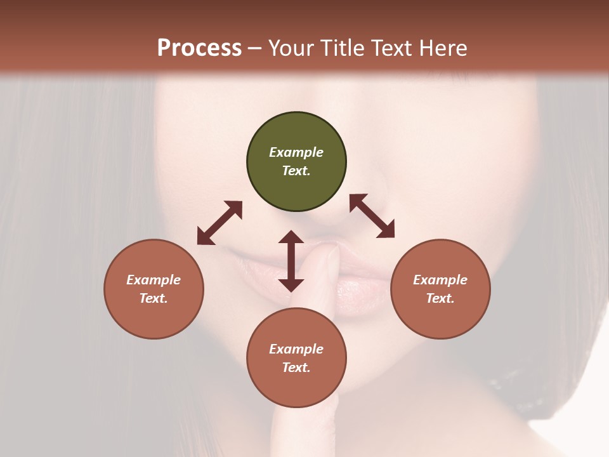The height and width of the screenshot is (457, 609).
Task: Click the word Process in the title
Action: pos(199,48)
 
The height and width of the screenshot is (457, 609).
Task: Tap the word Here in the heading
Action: pos(443,48)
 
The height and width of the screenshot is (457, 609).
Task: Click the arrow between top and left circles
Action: pos(219,223)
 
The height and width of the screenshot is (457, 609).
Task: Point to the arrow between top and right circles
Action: pos(372,216)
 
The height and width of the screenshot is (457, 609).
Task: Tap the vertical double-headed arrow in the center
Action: pos(291,261)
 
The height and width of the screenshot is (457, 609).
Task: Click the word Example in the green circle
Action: pos(296,152)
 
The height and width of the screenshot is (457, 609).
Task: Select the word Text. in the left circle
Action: pos(154,298)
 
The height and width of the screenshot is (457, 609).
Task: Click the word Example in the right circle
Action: pos(440,280)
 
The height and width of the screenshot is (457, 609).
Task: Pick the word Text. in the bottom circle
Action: pos(296,368)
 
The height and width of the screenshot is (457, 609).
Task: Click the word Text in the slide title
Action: pos(393,48)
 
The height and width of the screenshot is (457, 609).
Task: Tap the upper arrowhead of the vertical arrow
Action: pos(291,237)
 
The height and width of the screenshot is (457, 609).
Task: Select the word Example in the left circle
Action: pos(154,280)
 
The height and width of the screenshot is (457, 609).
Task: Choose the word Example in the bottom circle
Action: pos(296,349)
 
